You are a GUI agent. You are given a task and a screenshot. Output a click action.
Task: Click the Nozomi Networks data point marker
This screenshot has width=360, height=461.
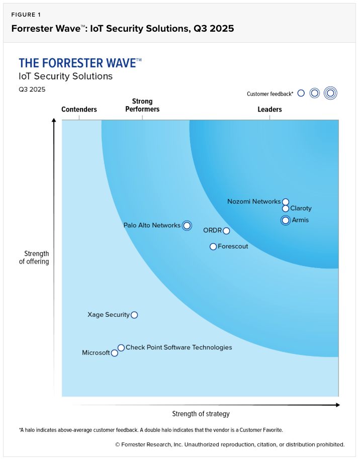(x=286, y=202)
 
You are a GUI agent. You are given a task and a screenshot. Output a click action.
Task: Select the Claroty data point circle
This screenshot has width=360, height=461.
(x=286, y=209)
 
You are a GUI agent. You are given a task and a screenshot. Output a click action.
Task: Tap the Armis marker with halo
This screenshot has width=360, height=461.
(x=286, y=220)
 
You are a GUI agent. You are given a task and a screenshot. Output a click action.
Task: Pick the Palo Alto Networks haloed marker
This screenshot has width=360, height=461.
(x=187, y=226)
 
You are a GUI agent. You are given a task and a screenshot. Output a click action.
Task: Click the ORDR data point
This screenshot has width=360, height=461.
(x=226, y=231)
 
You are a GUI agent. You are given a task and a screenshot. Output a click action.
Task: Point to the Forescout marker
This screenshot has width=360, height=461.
(x=213, y=246)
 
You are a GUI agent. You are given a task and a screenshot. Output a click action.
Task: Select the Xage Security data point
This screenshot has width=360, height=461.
(x=134, y=315)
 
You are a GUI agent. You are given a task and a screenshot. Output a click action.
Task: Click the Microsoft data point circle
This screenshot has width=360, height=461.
(x=115, y=353)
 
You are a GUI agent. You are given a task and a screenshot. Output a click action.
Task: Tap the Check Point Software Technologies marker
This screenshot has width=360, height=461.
(x=121, y=347)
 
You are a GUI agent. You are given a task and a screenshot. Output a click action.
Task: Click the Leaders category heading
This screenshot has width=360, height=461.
(x=269, y=110)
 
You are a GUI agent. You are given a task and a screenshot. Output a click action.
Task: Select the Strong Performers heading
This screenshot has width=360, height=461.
(x=142, y=106)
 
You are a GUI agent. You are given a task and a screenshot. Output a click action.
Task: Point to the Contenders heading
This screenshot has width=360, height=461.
(x=79, y=110)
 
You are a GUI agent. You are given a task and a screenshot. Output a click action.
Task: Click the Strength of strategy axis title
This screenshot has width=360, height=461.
(x=201, y=414)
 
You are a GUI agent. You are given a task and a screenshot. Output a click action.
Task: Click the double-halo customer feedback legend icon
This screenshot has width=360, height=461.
(x=330, y=93)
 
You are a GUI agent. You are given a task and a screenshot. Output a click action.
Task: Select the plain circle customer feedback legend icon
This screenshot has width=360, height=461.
(x=301, y=93)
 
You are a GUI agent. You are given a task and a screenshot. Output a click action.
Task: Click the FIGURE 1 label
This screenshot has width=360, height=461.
(x=26, y=15)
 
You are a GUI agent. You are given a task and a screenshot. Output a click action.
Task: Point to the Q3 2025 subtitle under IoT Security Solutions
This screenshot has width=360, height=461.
(x=32, y=89)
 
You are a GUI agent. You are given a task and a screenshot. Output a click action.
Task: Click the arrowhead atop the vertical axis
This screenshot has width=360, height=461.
(x=54, y=121)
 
